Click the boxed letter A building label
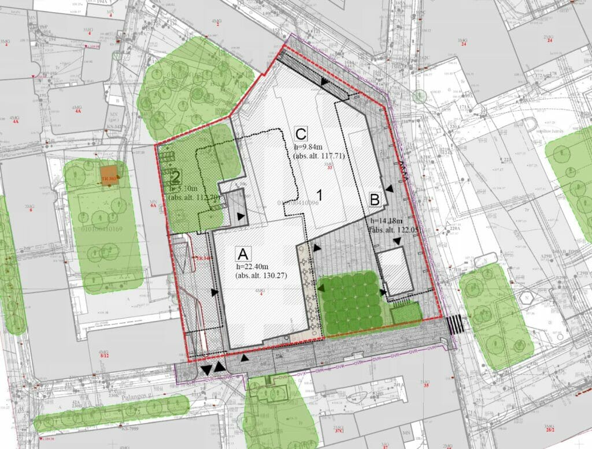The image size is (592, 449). tap(243, 253)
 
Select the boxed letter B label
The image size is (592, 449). tap(375, 200)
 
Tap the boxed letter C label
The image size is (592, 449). tap(300, 134)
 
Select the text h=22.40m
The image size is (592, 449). tap(253, 266)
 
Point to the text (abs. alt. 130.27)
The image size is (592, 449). tap(261, 275)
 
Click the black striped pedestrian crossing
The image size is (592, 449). tap(455, 324)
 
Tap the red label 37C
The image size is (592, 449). tap(338, 430)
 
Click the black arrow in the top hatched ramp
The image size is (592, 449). tap(325, 83)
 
